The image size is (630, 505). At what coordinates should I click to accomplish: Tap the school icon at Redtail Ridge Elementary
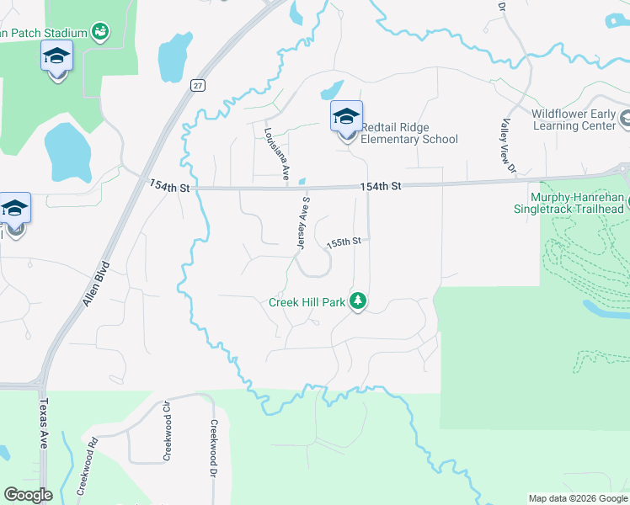[x=346, y=117]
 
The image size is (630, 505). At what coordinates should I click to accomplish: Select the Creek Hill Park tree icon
[x=359, y=300]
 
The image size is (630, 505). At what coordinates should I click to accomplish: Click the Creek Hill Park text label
[x=307, y=302]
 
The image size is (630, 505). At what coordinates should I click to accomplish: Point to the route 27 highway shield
[x=196, y=85]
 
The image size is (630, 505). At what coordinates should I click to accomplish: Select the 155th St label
[x=344, y=242]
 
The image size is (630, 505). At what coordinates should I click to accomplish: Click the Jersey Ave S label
[x=303, y=223]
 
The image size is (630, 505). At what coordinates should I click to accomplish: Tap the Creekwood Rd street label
[x=88, y=465]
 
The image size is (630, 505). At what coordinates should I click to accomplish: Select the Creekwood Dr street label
[x=215, y=449]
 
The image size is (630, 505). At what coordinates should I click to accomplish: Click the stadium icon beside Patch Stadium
[x=101, y=32]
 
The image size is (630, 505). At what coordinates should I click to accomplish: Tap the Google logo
[x=28, y=495]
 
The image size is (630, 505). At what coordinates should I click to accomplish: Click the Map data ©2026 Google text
[x=577, y=498]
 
